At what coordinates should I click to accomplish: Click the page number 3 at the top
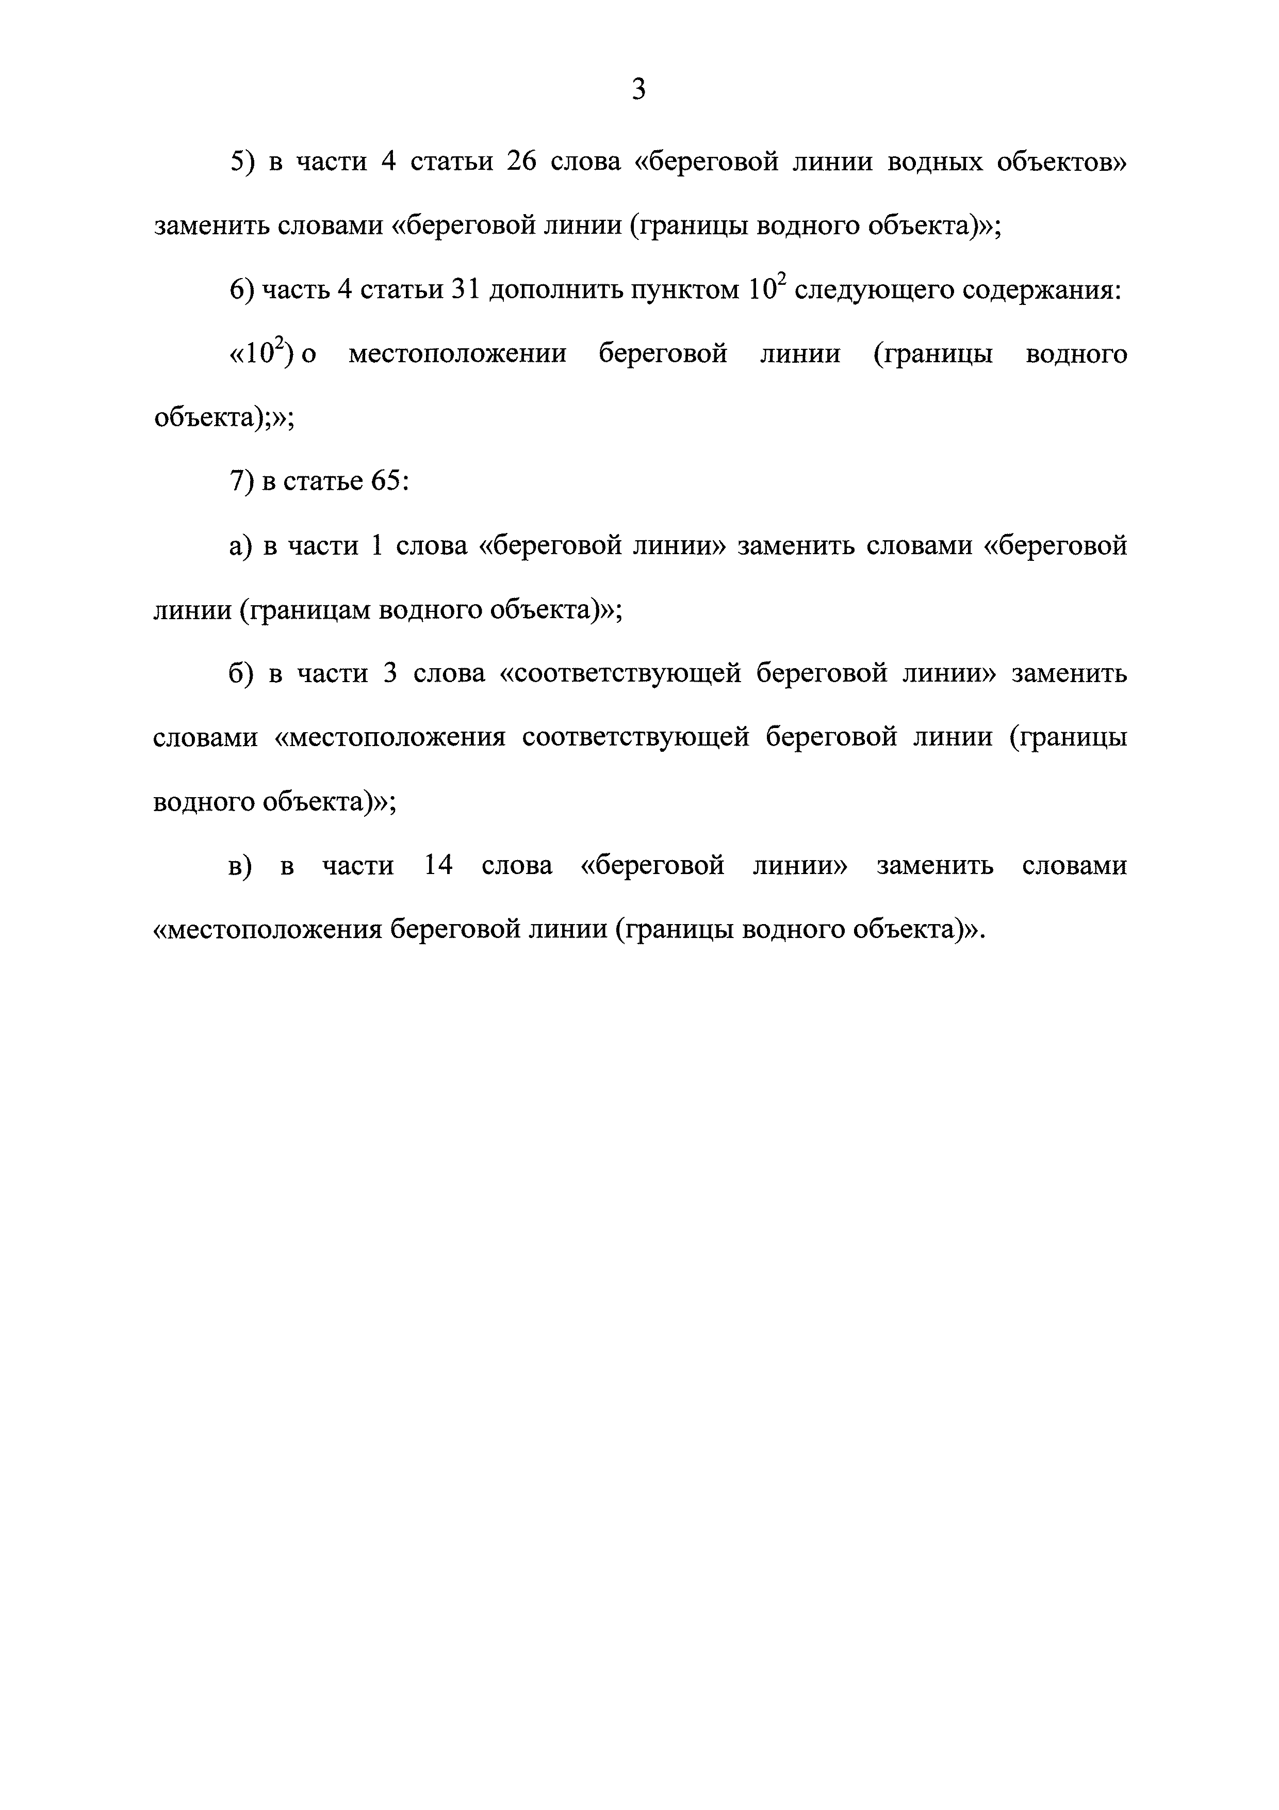click(x=638, y=90)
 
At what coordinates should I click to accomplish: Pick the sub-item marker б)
click(x=241, y=674)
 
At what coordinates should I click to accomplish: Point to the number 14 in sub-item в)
click(x=438, y=866)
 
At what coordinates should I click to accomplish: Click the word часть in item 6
click(x=294, y=290)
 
